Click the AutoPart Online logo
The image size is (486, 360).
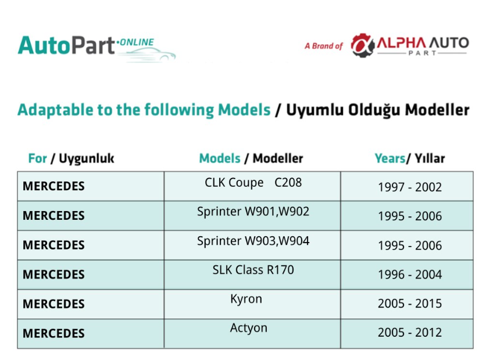[x=97, y=48]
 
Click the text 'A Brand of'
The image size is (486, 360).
[x=324, y=46]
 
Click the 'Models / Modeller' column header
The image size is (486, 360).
[x=251, y=158]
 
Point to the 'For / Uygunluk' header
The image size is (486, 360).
[x=72, y=158]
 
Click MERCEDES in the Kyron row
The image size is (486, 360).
[x=53, y=304]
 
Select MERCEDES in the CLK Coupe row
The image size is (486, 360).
[x=53, y=186]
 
